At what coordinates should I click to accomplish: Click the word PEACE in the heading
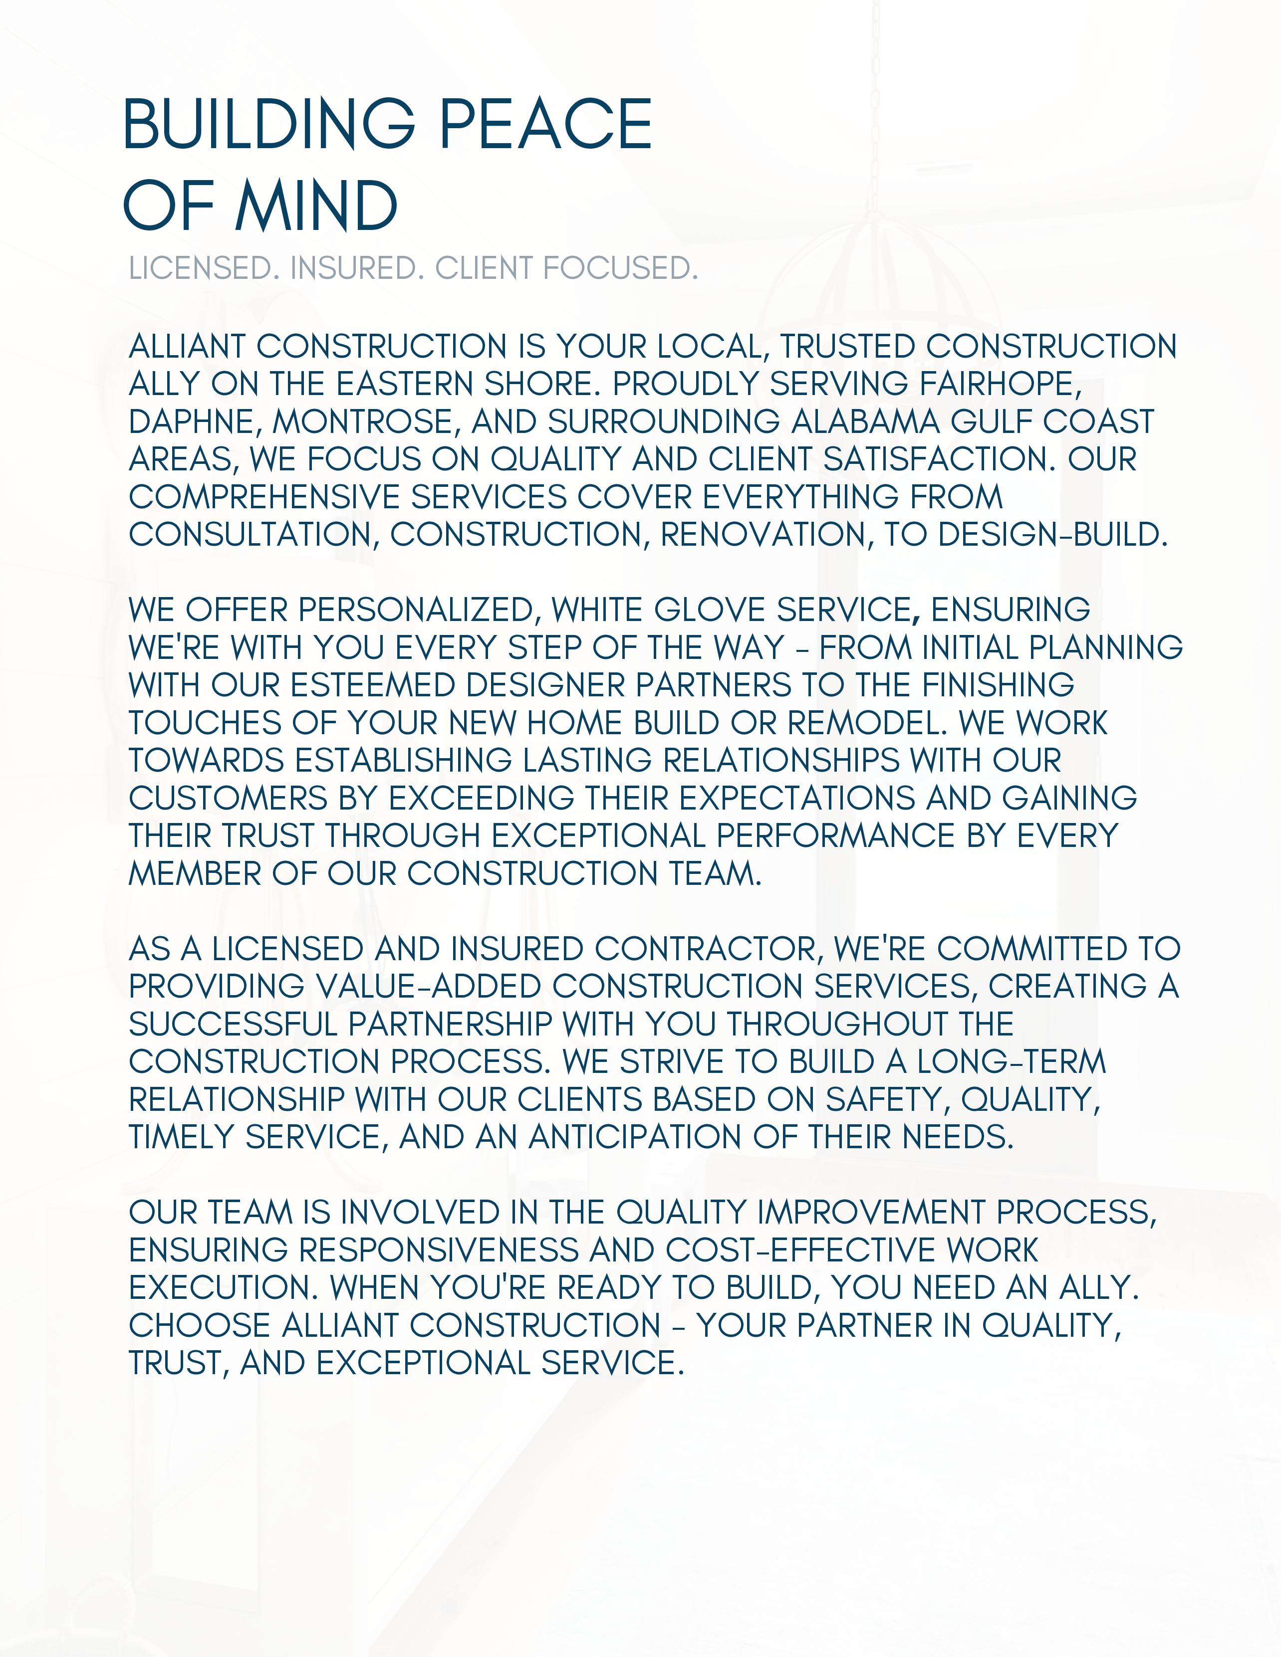(545, 124)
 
